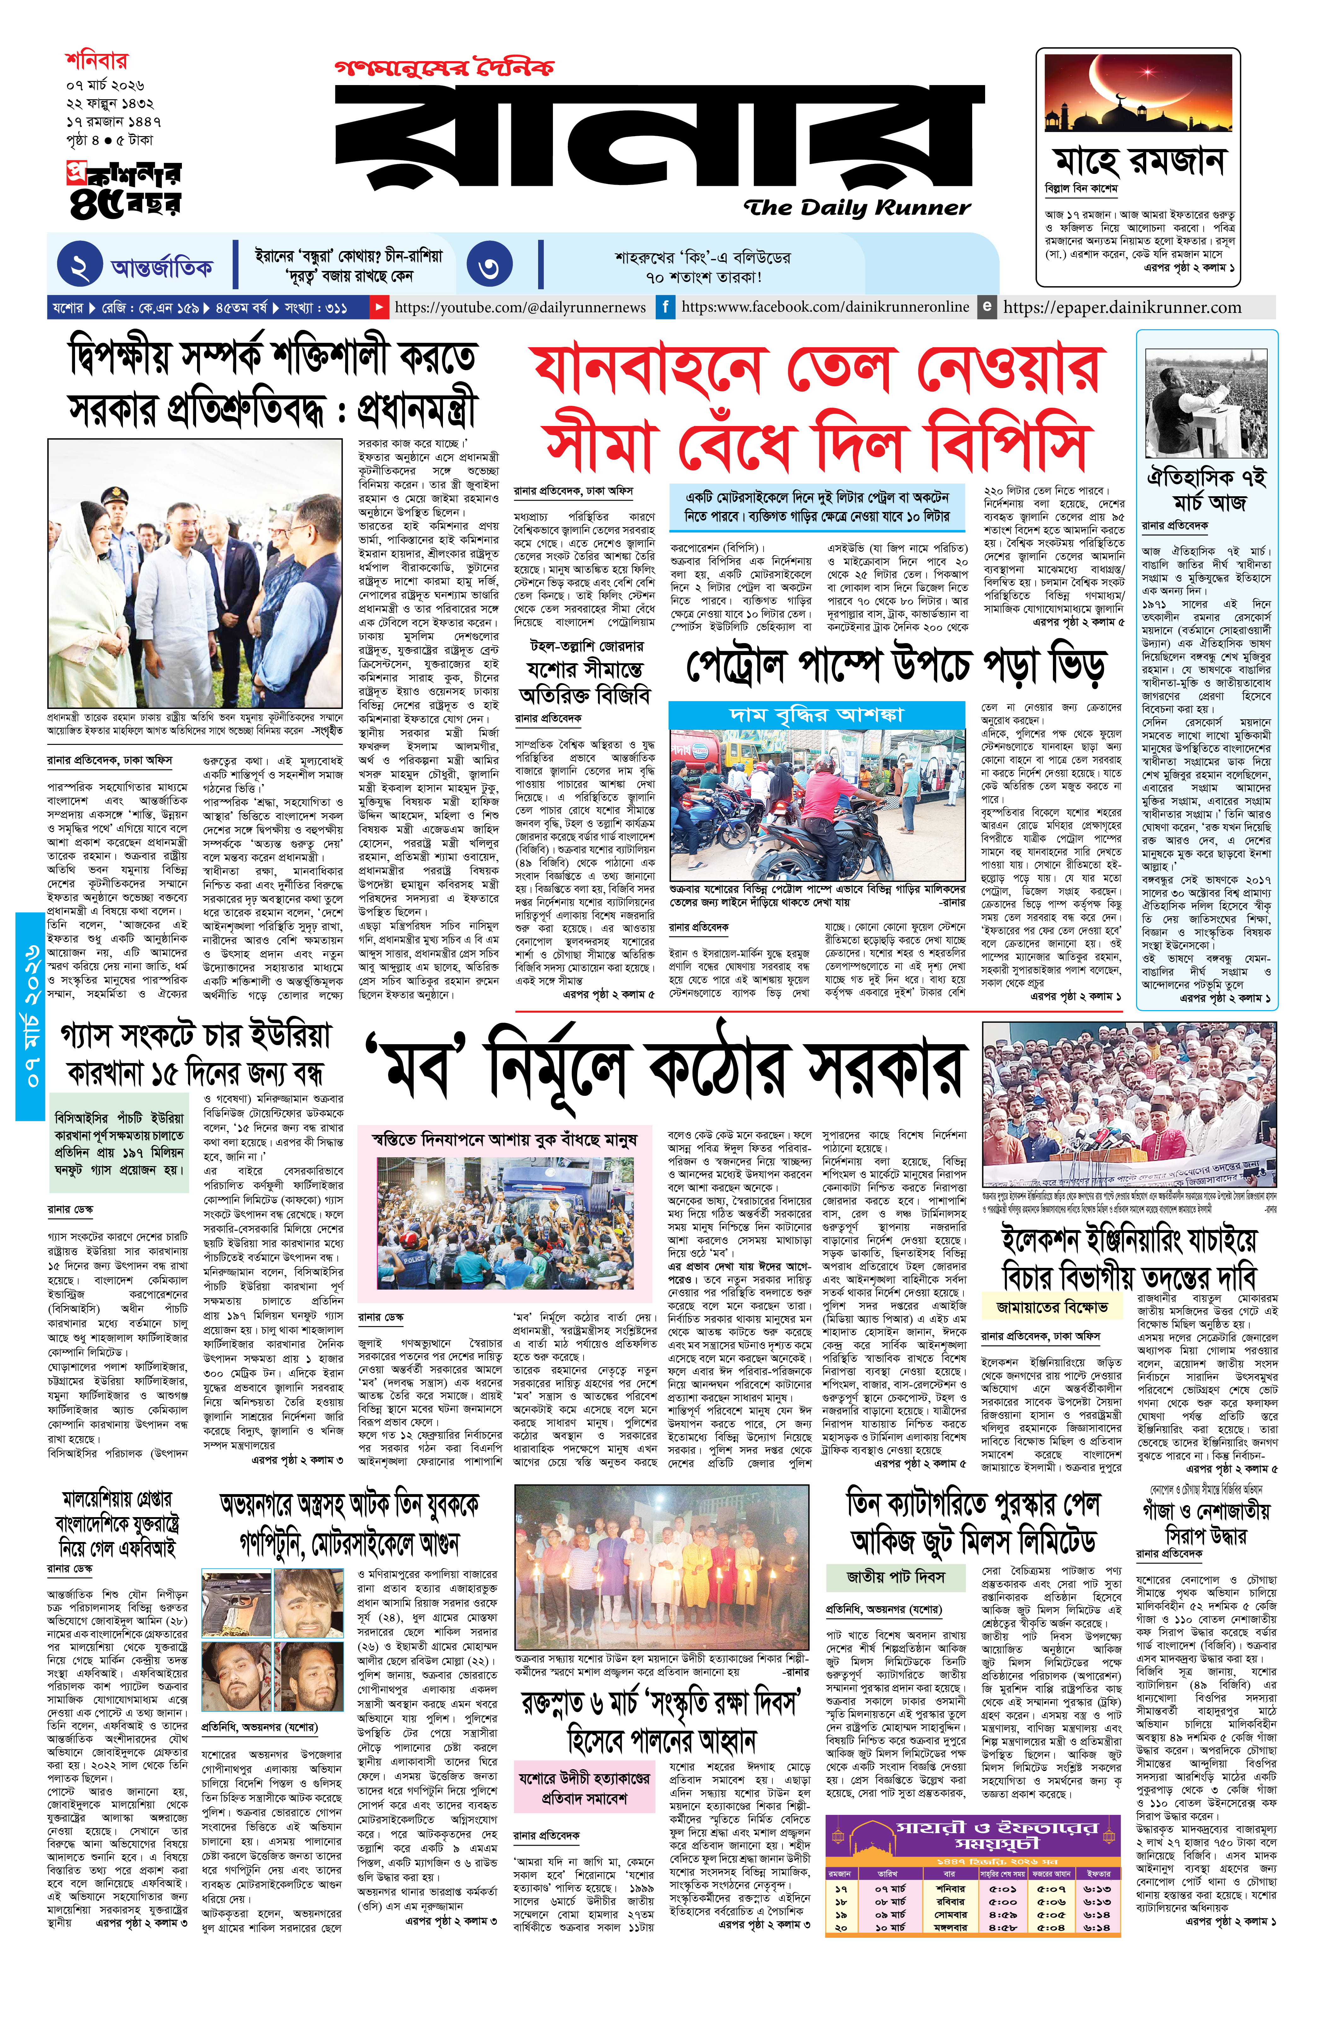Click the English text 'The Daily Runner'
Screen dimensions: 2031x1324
(x=856, y=207)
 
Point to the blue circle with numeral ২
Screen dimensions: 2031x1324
(x=79, y=266)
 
